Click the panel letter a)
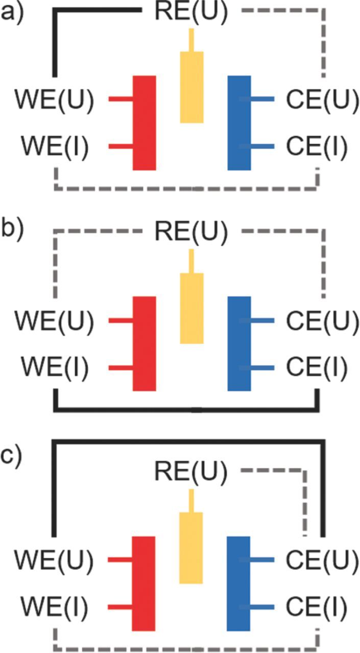11,12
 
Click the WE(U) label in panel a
54,99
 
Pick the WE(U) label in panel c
54,560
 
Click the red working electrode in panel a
144,122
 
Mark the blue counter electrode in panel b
239,343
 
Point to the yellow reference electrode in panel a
191,87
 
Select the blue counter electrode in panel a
239,122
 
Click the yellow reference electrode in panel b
191,308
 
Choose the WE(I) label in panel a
54,147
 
